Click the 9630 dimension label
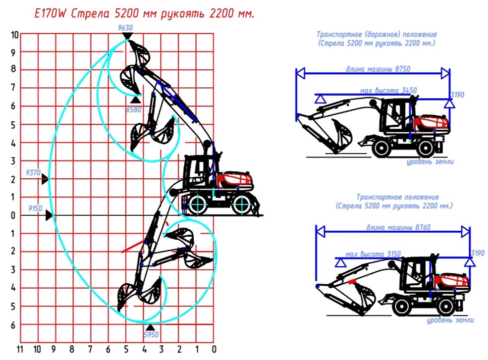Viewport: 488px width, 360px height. click(x=125, y=28)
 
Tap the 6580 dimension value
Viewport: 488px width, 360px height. click(x=134, y=109)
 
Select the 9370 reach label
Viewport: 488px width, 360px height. click(x=33, y=172)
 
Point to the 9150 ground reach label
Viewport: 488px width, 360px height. click(x=35, y=208)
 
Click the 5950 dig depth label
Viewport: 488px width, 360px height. click(x=151, y=334)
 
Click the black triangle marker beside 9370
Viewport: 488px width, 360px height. click(x=45, y=179)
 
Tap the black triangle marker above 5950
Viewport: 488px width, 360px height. click(x=150, y=327)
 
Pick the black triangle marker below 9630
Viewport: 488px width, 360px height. click(x=127, y=36)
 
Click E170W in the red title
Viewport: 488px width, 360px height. click(x=50, y=14)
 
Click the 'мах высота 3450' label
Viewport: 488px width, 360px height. click(x=388, y=91)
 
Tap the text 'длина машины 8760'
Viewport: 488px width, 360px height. click(x=398, y=227)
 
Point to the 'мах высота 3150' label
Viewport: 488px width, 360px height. click(x=373, y=254)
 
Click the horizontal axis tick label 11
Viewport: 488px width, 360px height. click(x=20, y=349)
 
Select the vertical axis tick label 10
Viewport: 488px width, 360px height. click(x=15, y=35)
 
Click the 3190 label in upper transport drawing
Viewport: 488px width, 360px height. click(x=457, y=95)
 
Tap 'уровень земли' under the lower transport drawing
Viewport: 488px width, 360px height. click(x=450, y=320)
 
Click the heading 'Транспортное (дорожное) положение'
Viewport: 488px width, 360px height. click(x=377, y=34)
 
